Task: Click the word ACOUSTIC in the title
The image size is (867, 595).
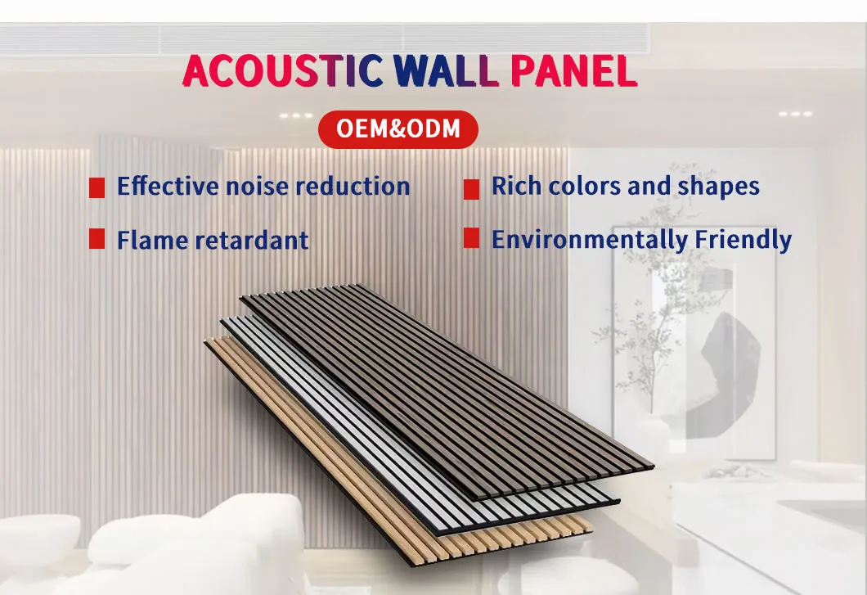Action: pyautogui.click(x=282, y=72)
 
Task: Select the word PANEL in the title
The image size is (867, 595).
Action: pyautogui.click(x=573, y=72)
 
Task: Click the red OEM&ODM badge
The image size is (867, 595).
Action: pyautogui.click(x=398, y=129)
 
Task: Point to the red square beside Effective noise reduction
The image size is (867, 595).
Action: pyautogui.click(x=97, y=187)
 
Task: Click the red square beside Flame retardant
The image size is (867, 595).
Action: pyautogui.click(x=97, y=239)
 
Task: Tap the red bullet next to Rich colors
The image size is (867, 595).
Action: pyautogui.click(x=471, y=190)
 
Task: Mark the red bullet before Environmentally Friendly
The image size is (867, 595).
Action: pyautogui.click(x=471, y=238)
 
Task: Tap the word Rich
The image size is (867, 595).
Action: pyautogui.click(x=516, y=186)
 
